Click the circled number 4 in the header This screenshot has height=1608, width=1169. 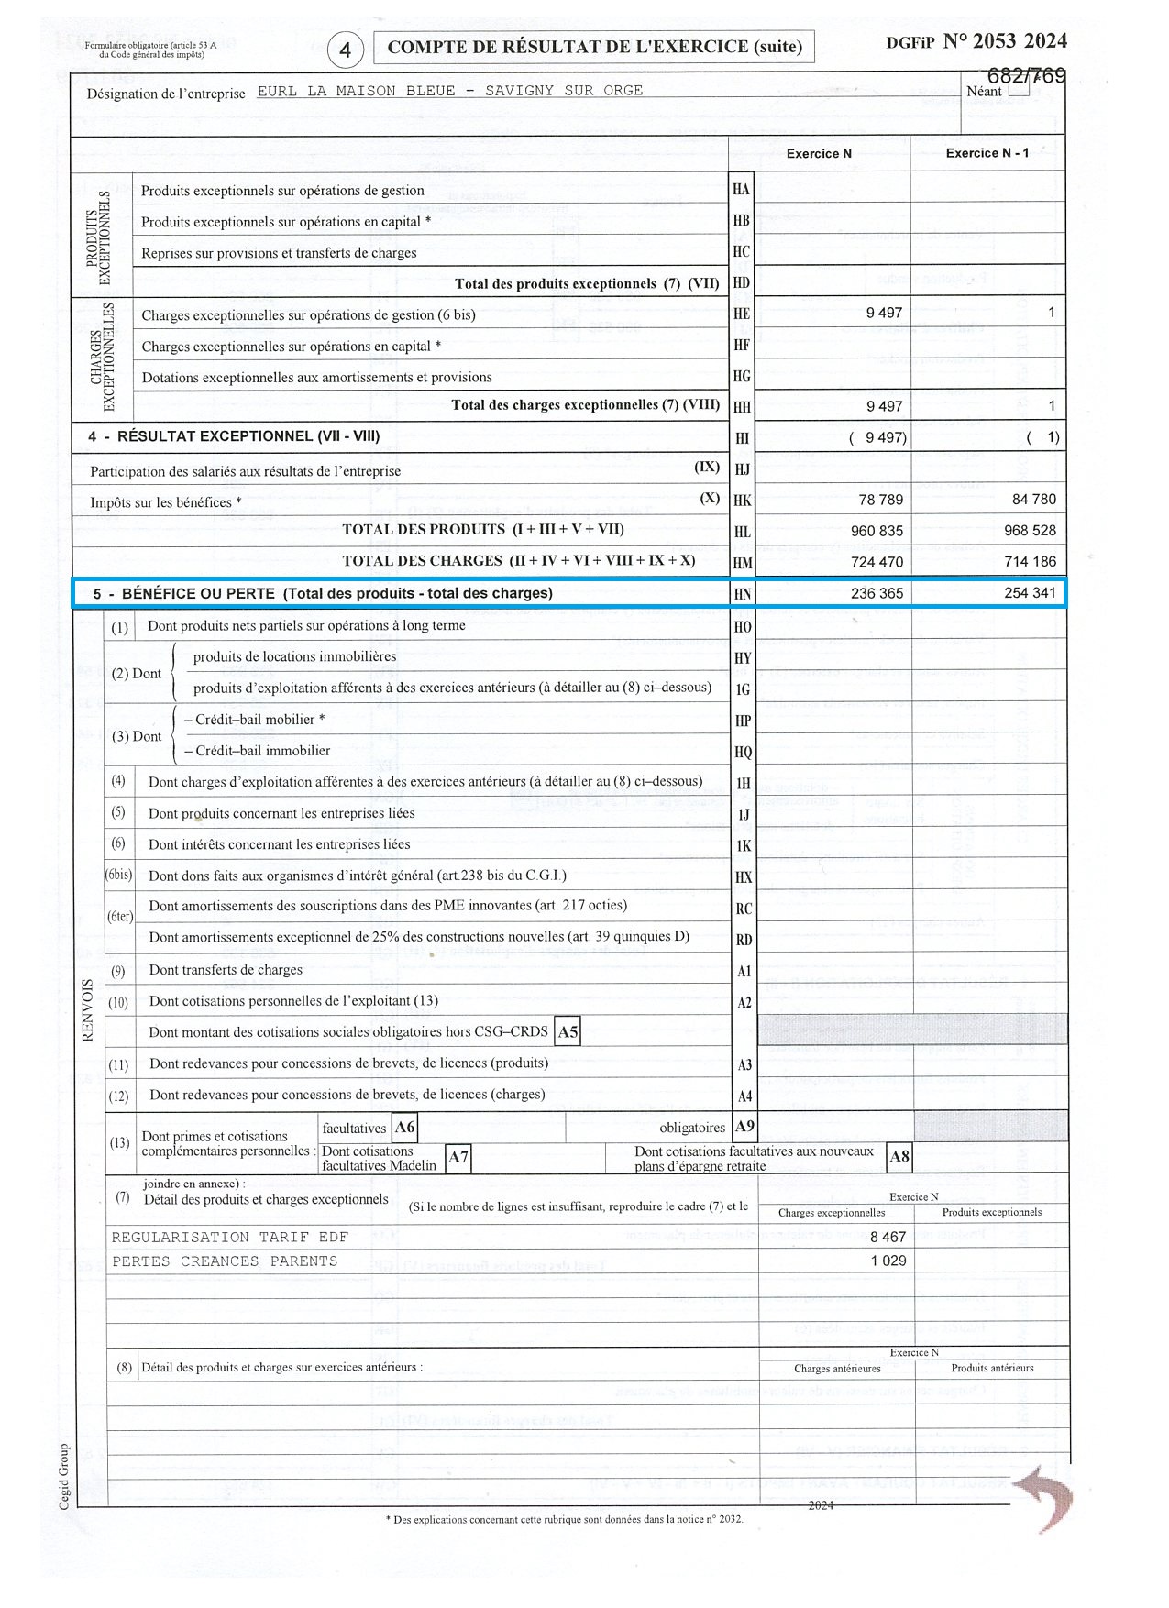pyautogui.click(x=345, y=50)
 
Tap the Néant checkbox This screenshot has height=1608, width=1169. pyautogui.click(x=1018, y=90)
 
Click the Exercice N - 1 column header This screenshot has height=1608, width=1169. pyautogui.click(x=987, y=153)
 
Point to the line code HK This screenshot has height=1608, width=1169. pyautogui.click(x=742, y=501)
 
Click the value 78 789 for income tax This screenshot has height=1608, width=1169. pyautogui.click(x=880, y=500)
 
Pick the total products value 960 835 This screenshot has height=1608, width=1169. pyautogui.click(x=877, y=531)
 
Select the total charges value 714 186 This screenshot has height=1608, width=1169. pyautogui.click(x=1030, y=561)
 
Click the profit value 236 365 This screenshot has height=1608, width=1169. pyautogui.click(x=877, y=593)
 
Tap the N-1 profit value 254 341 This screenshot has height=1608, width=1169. pyautogui.click(x=1030, y=593)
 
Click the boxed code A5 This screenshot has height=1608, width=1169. pyautogui.click(x=568, y=1032)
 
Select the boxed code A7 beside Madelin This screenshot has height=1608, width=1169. pyautogui.click(x=458, y=1158)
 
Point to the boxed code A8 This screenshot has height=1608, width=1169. pyautogui.click(x=899, y=1157)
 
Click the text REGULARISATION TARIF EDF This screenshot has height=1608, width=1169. pyautogui.click(x=229, y=1238)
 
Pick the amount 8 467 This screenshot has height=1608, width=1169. pyautogui.click(x=888, y=1237)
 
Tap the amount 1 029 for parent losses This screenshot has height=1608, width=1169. pyautogui.click(x=888, y=1261)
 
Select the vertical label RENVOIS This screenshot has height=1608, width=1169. pyautogui.click(x=89, y=1009)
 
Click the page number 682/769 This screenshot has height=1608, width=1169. pyautogui.click(x=1026, y=76)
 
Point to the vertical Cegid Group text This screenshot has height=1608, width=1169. pyautogui.click(x=64, y=1476)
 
